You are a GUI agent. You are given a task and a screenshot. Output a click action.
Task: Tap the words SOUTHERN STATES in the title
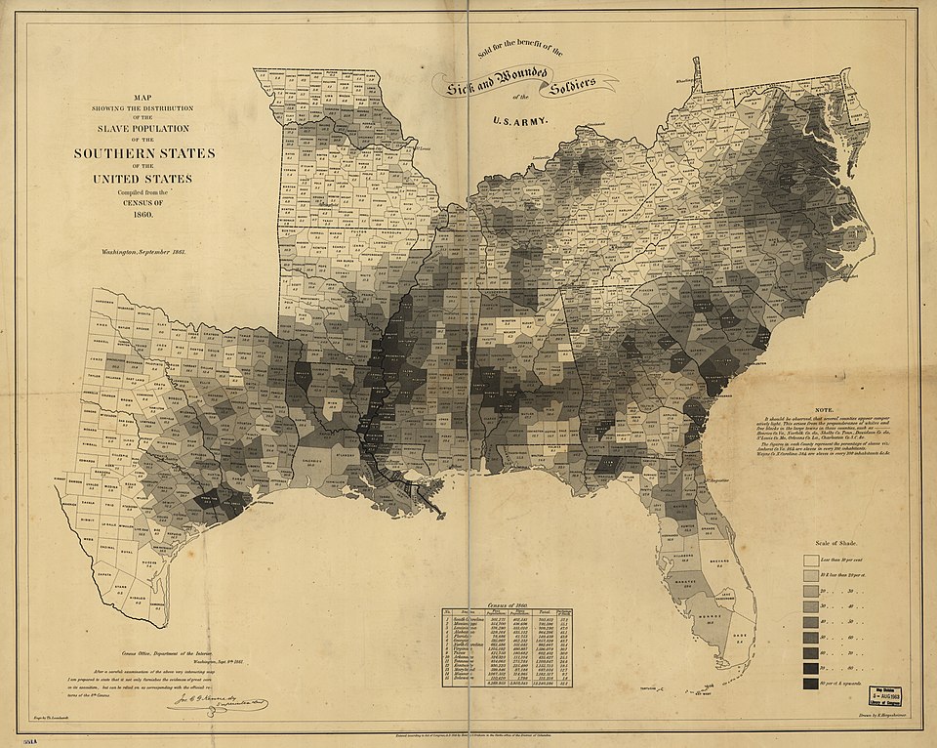[144, 154]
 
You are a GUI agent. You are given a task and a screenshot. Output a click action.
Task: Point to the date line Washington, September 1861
[143, 252]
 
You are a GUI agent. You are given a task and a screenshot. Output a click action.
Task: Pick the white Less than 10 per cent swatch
[810, 561]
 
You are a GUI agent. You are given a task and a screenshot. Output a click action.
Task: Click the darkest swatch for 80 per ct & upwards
[810, 669]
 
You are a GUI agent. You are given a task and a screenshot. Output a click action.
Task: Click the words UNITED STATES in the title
[144, 179]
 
